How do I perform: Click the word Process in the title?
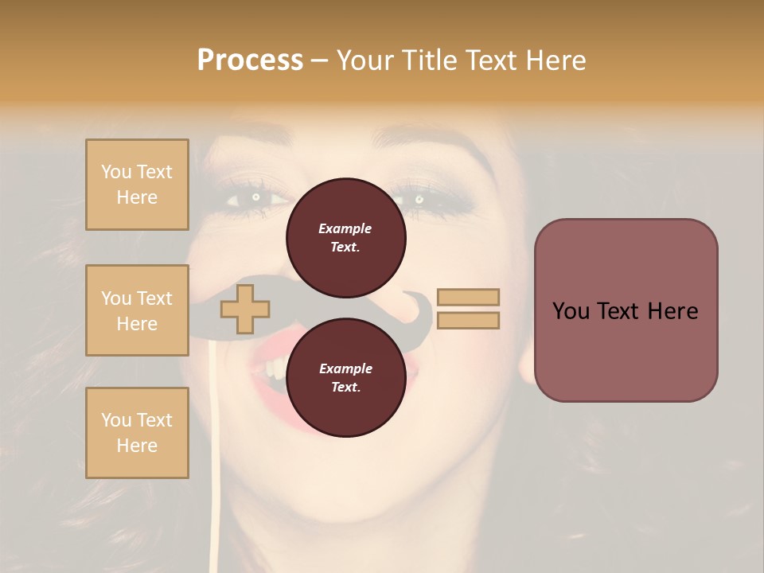pyautogui.click(x=250, y=60)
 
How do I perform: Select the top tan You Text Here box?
pyautogui.click(x=137, y=185)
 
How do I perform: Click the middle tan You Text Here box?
pyautogui.click(x=137, y=310)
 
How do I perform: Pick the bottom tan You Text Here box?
pyautogui.click(x=137, y=433)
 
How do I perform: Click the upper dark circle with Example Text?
pyautogui.click(x=345, y=237)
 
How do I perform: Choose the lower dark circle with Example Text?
pyautogui.click(x=345, y=377)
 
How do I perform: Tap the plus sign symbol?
pyautogui.click(x=245, y=309)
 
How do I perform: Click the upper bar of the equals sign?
pyautogui.click(x=468, y=297)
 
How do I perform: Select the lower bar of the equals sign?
pyautogui.click(x=468, y=320)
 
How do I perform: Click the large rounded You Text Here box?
pyautogui.click(x=626, y=310)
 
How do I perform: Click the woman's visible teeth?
pyautogui.click(x=272, y=367)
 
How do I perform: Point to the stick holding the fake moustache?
pyautogui.click(x=214, y=446)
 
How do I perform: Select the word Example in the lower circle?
pyautogui.click(x=345, y=368)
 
